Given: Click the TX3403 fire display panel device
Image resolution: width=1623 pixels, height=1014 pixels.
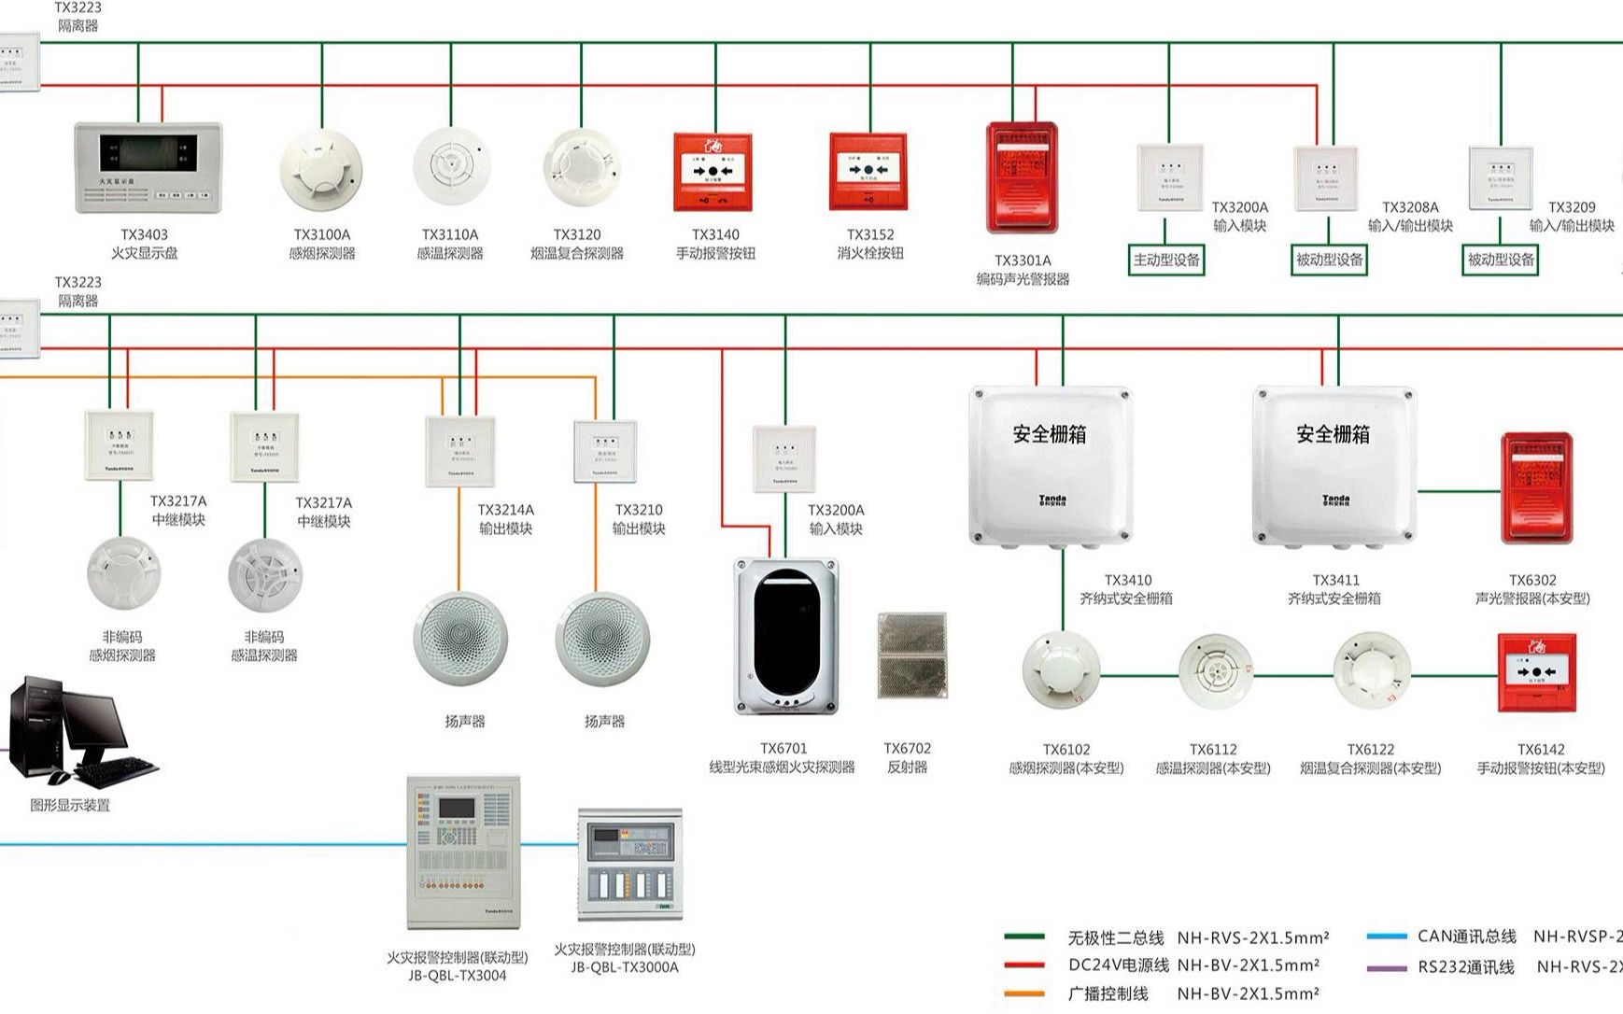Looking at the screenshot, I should tap(148, 168).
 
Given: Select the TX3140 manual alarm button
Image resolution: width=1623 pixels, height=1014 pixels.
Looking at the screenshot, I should tap(713, 172).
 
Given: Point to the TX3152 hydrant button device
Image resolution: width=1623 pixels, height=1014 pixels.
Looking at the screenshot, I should tap(868, 172).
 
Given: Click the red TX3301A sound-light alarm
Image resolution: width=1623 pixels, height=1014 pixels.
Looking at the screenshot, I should tap(1023, 177).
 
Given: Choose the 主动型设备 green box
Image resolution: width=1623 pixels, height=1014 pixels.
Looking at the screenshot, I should tap(1166, 260).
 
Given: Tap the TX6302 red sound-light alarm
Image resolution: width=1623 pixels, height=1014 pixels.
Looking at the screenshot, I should tap(1536, 488).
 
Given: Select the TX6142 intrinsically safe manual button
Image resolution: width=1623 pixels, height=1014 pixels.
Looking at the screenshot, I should tap(1536, 672).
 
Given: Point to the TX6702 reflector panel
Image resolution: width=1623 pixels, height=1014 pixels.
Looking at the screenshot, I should tap(912, 655).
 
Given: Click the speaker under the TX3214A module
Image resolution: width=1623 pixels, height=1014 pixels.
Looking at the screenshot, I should tap(460, 640).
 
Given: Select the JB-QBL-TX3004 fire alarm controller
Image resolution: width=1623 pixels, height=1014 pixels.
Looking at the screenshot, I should tap(462, 851).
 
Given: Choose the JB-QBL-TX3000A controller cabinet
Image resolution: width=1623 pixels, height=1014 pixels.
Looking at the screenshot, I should tap(629, 864).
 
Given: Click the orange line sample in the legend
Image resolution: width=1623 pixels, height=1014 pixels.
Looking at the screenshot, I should tap(1024, 993).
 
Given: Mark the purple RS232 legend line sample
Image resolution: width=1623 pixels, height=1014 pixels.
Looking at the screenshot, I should tap(1386, 968).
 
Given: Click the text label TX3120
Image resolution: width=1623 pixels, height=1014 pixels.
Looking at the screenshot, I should tap(577, 234).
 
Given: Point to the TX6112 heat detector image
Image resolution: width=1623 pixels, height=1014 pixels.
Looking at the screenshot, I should tap(1213, 669).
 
